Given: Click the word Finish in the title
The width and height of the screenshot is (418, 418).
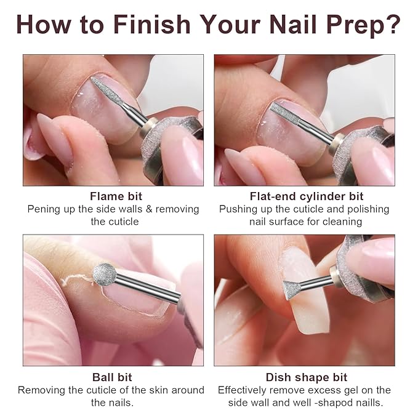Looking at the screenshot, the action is click(152, 24).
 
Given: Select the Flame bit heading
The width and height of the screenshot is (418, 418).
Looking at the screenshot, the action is click(116, 196).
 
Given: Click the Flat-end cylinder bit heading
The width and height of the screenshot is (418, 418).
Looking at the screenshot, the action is click(307, 196).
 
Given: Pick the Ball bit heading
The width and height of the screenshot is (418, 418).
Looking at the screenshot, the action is click(112, 377).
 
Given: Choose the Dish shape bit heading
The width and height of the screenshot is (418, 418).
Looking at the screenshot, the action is click(307, 377).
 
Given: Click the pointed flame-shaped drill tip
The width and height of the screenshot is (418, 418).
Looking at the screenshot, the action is click(107, 90).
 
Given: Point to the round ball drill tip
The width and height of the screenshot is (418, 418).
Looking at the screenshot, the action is click(105, 275).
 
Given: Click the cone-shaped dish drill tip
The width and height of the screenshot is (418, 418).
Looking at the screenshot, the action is click(292, 290).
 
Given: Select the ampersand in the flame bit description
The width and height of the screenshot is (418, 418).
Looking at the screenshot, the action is click(149, 209).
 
